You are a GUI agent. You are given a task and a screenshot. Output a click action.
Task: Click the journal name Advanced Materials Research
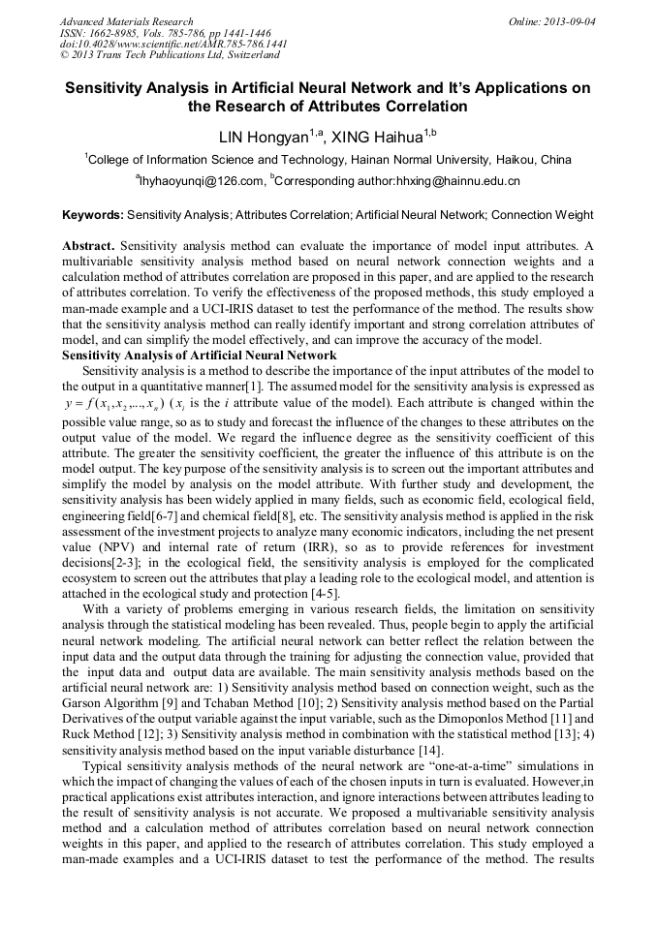[126, 21]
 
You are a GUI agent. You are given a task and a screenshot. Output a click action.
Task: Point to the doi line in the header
[173, 45]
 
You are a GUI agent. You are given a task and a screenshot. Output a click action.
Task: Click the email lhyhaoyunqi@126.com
[203, 181]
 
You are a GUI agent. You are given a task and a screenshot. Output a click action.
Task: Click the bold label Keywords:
[93, 215]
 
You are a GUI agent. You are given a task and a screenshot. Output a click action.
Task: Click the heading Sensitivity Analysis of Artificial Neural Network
[199, 356]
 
